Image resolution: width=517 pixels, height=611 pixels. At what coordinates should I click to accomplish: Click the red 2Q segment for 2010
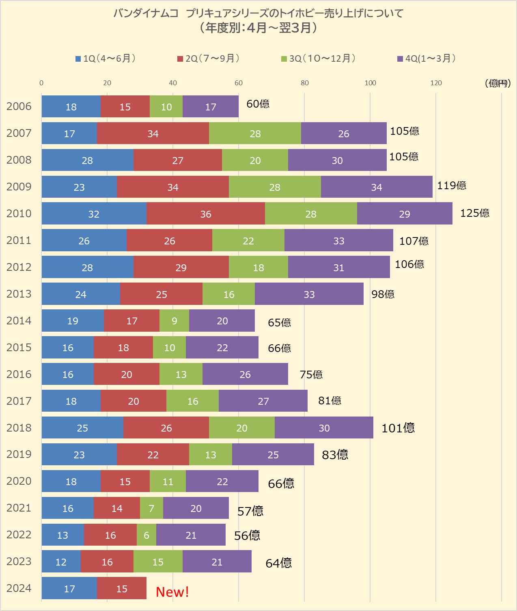tap(206, 214)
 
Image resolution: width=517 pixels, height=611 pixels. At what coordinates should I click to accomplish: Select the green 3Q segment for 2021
tap(151, 508)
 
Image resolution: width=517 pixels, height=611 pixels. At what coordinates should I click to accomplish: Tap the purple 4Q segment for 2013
tap(309, 294)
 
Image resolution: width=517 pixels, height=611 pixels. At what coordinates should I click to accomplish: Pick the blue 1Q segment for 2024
tap(69, 588)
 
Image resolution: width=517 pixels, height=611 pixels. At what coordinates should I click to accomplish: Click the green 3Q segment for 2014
tap(174, 321)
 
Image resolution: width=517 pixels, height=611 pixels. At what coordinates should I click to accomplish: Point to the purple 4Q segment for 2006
tap(211, 106)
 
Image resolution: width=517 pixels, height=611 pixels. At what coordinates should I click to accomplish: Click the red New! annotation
tap(172, 592)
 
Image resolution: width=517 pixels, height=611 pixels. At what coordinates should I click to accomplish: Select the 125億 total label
tap(474, 213)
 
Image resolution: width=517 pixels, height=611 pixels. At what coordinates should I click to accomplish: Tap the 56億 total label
tap(247, 535)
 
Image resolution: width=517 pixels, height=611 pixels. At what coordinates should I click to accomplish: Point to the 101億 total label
tap(398, 428)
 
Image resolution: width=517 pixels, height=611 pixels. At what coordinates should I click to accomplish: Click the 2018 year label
tap(19, 427)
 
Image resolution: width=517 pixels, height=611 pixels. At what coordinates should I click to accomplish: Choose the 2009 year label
tap(19, 186)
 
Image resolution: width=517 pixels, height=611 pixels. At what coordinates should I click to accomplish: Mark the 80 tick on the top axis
tap(304, 83)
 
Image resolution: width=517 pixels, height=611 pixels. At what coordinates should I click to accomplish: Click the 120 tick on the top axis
tap(436, 83)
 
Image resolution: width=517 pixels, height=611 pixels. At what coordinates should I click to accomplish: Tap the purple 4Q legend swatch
tap(400, 59)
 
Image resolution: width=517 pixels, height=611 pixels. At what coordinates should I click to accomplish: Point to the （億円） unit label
tap(498, 83)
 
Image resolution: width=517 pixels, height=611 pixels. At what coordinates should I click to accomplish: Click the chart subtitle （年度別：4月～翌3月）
tap(258, 28)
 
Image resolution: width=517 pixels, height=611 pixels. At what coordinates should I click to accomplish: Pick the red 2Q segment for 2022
tap(110, 535)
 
